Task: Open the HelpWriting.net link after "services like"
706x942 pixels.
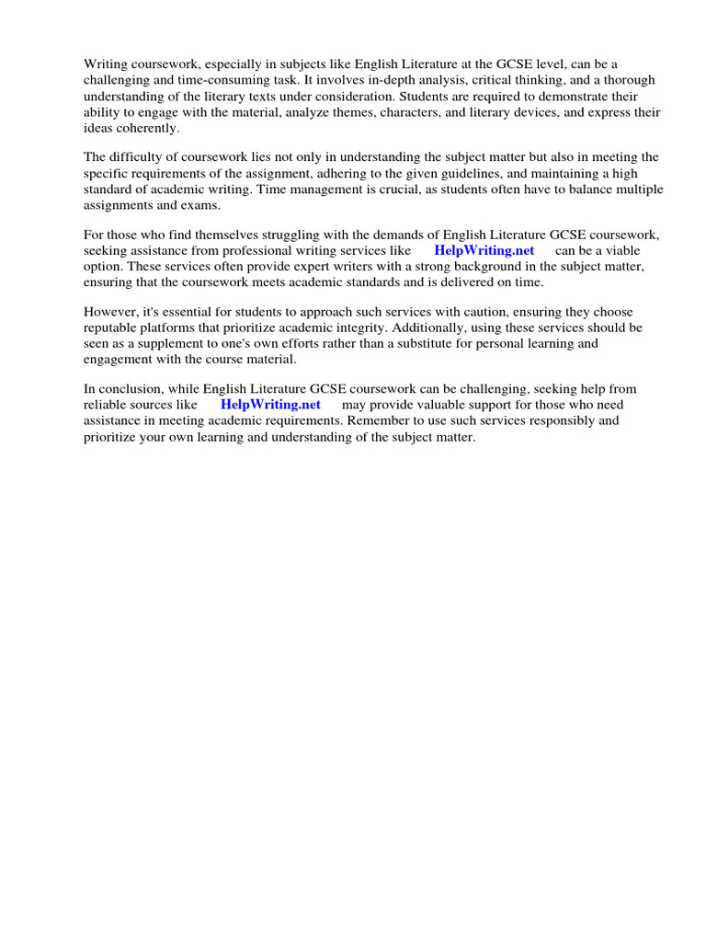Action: pyautogui.click(x=484, y=250)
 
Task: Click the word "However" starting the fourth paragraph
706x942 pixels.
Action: pyautogui.click(x=110, y=311)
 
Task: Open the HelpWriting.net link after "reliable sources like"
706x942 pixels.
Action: pyautogui.click(x=270, y=405)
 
